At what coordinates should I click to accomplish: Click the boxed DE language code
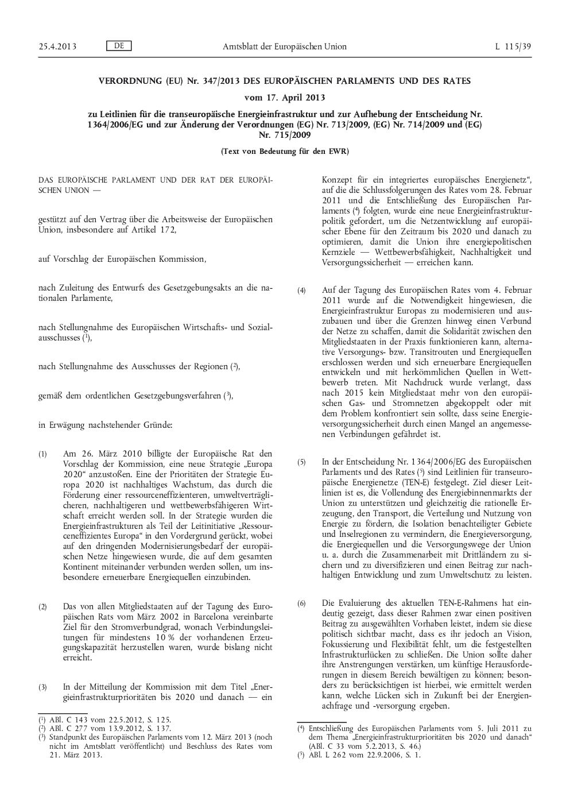(119, 46)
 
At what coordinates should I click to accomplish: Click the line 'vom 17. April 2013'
(285, 98)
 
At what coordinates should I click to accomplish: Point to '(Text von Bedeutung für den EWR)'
(285, 152)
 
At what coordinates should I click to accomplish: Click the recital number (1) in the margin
(42, 454)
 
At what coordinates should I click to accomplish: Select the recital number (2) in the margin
(42, 606)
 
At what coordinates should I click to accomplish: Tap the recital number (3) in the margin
(42, 687)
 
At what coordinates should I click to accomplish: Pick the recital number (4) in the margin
(301, 290)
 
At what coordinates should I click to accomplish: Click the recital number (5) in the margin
(301, 462)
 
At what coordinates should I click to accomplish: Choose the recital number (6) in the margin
(301, 604)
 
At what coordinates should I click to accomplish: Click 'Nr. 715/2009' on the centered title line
(285, 136)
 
